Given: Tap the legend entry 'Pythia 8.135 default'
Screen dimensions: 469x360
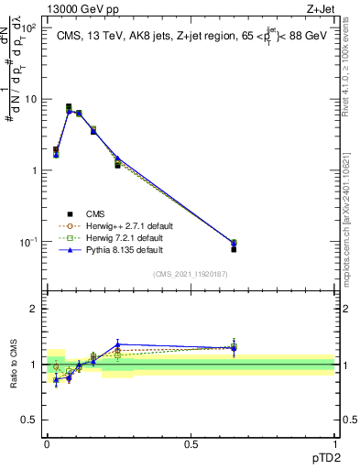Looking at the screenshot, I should (125, 249).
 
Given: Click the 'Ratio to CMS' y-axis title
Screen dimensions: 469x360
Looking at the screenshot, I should (14, 365).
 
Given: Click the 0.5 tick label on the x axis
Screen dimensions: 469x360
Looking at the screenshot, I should (191, 442).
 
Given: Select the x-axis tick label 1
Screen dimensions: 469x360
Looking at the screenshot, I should (334, 442).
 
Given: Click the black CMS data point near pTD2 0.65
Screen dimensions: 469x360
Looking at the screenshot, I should (234, 249).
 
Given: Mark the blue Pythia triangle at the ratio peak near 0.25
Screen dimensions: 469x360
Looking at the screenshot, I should (117, 344).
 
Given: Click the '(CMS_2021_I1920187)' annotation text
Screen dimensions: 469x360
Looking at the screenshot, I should (190, 272).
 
